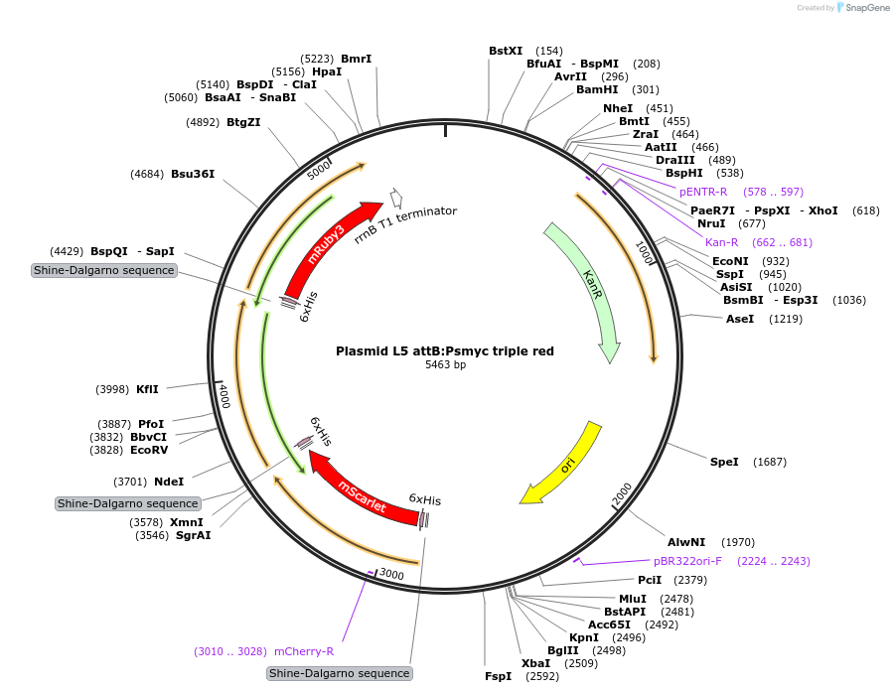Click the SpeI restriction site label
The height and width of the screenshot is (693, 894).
724,462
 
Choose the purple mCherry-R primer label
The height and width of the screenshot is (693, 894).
304,651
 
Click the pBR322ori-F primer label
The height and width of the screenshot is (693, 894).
687,561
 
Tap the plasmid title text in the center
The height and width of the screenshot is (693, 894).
445,350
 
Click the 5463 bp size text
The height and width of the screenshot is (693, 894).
445,365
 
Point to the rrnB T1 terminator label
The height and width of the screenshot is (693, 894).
405,226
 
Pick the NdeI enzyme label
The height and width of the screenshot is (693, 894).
169,482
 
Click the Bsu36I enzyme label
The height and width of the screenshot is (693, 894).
193,174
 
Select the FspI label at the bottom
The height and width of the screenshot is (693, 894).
499,676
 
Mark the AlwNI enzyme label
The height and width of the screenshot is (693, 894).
686,542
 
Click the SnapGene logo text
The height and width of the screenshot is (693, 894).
866,8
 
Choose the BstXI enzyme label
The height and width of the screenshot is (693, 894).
506,51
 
